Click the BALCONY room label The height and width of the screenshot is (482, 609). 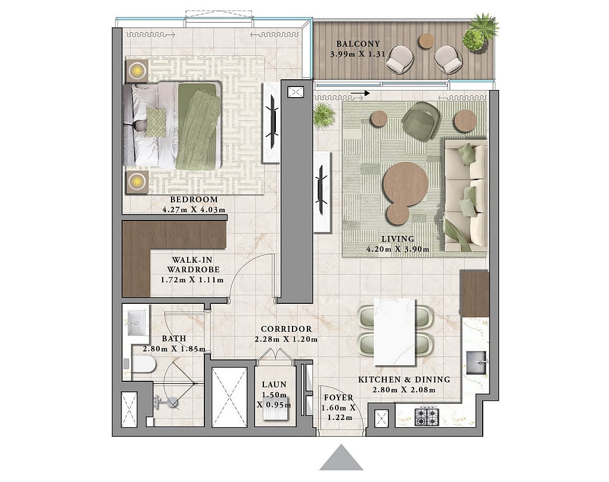point(358,44)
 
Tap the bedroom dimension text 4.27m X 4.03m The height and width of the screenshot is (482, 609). point(194,210)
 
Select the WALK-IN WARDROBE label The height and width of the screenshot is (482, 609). point(193,265)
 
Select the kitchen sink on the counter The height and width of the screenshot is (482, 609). point(476,362)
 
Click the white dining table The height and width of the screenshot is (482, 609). point(394,332)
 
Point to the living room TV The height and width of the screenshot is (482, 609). point(321,190)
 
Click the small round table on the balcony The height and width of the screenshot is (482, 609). point(426,41)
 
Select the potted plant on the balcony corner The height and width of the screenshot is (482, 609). point(481,32)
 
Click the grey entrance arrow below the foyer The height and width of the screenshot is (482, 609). point(341,458)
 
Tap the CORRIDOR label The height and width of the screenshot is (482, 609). point(286,329)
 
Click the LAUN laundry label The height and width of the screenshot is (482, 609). point(274,384)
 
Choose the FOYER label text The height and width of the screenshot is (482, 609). point(338,398)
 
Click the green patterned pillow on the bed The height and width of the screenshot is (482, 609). point(156,122)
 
